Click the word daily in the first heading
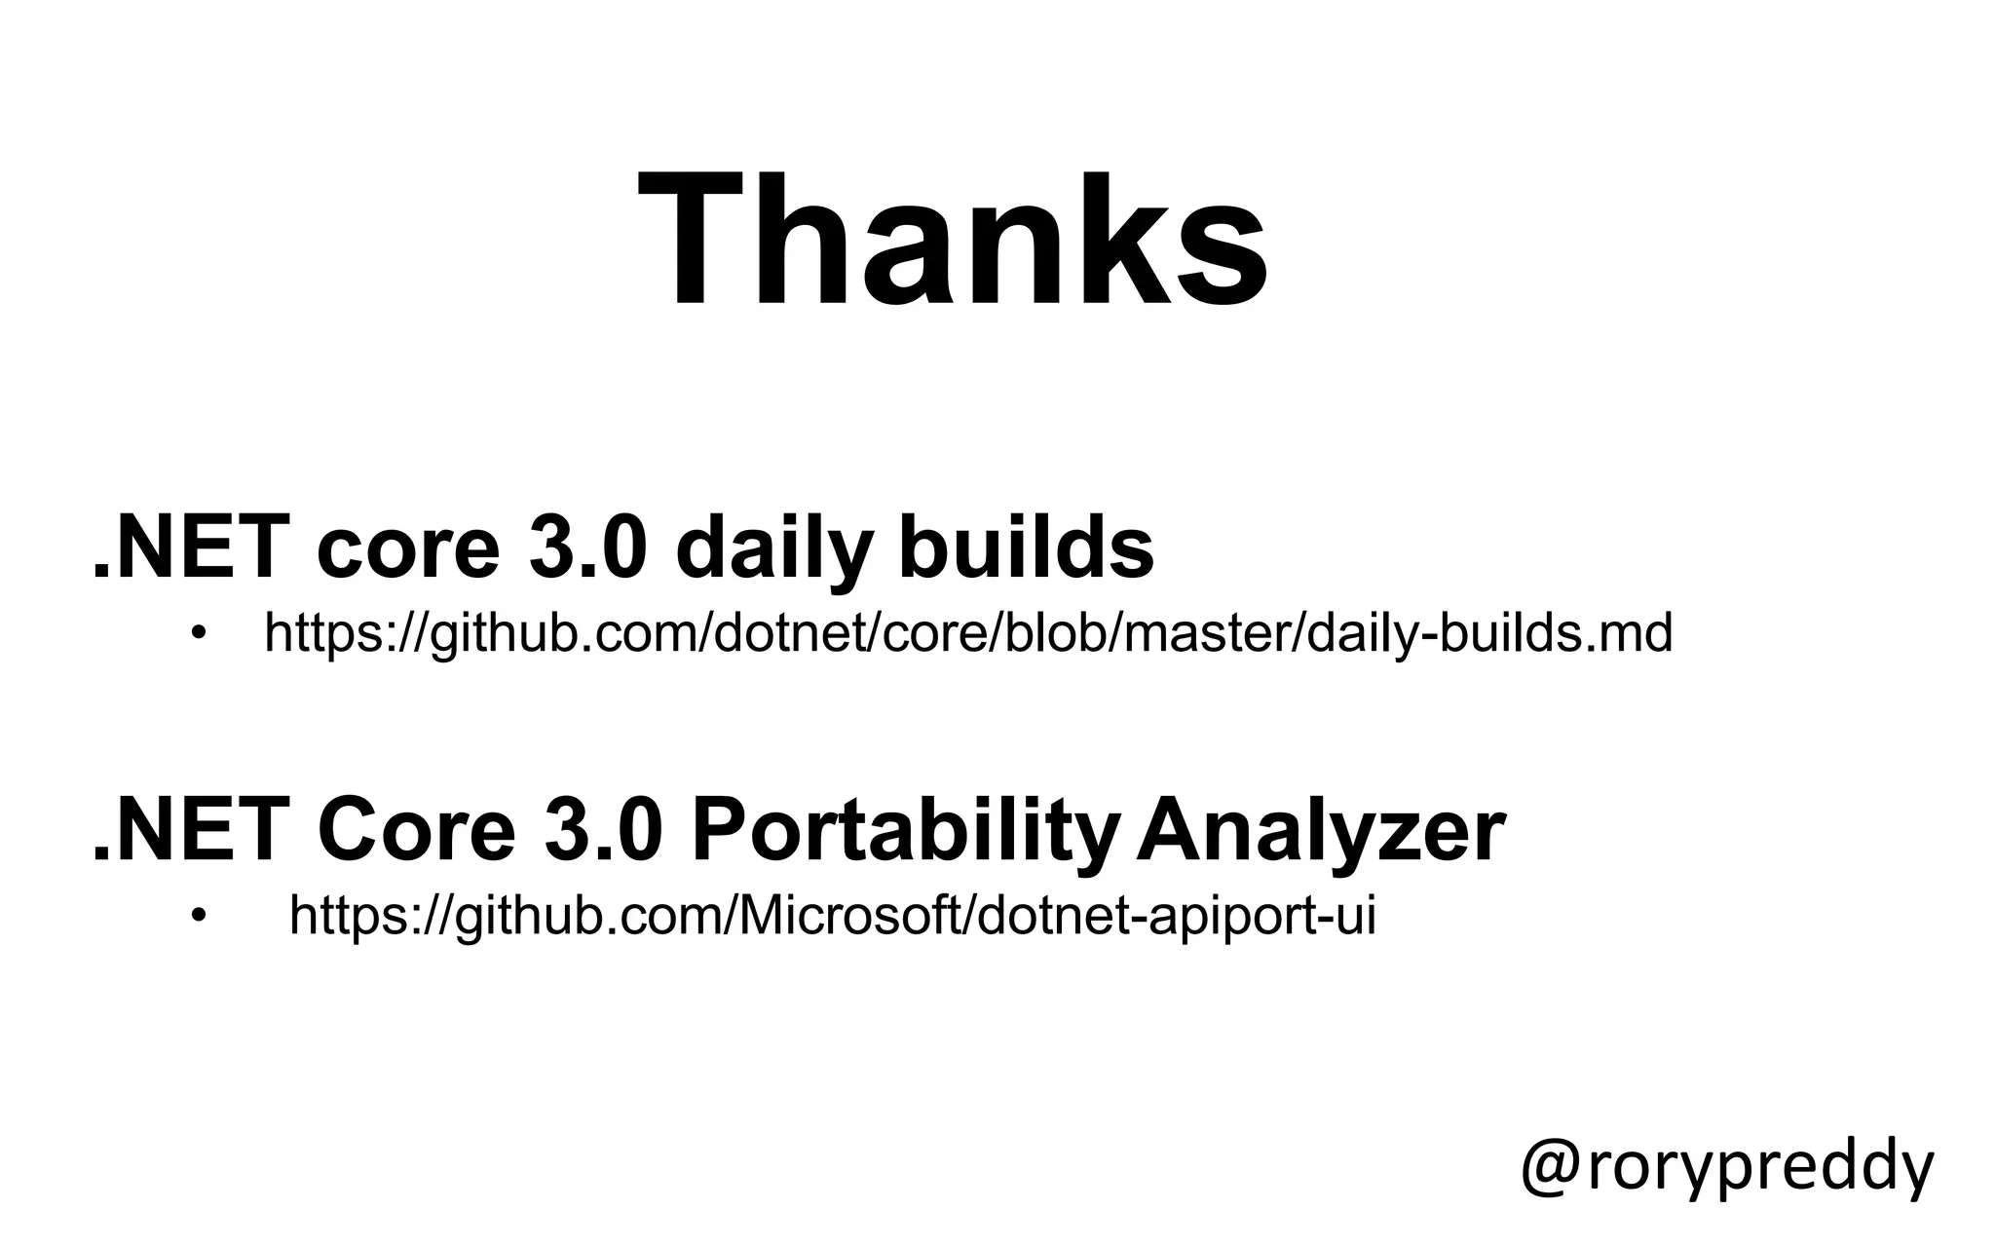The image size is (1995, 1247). [x=771, y=548]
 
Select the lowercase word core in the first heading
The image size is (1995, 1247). [x=408, y=549]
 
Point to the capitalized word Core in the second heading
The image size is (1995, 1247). [x=415, y=833]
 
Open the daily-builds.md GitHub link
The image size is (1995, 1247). [x=968, y=633]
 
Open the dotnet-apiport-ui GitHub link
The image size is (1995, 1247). [x=833, y=916]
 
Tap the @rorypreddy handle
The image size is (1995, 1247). [x=1726, y=1166]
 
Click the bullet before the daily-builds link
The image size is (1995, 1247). [x=200, y=633]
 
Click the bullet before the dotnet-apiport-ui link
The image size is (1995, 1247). [x=200, y=916]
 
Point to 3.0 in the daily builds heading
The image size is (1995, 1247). [x=587, y=548]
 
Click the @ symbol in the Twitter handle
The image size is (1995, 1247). [x=1550, y=1166]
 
